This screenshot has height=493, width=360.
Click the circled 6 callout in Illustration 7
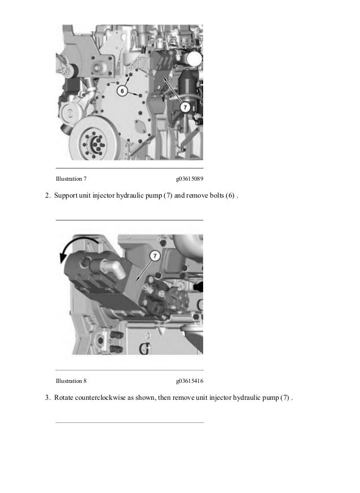click(122, 91)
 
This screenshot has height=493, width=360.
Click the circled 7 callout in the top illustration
click(185, 106)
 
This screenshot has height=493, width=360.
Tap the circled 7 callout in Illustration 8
click(154, 256)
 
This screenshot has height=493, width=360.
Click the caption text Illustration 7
click(71, 179)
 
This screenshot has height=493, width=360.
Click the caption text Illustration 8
click(71, 381)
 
